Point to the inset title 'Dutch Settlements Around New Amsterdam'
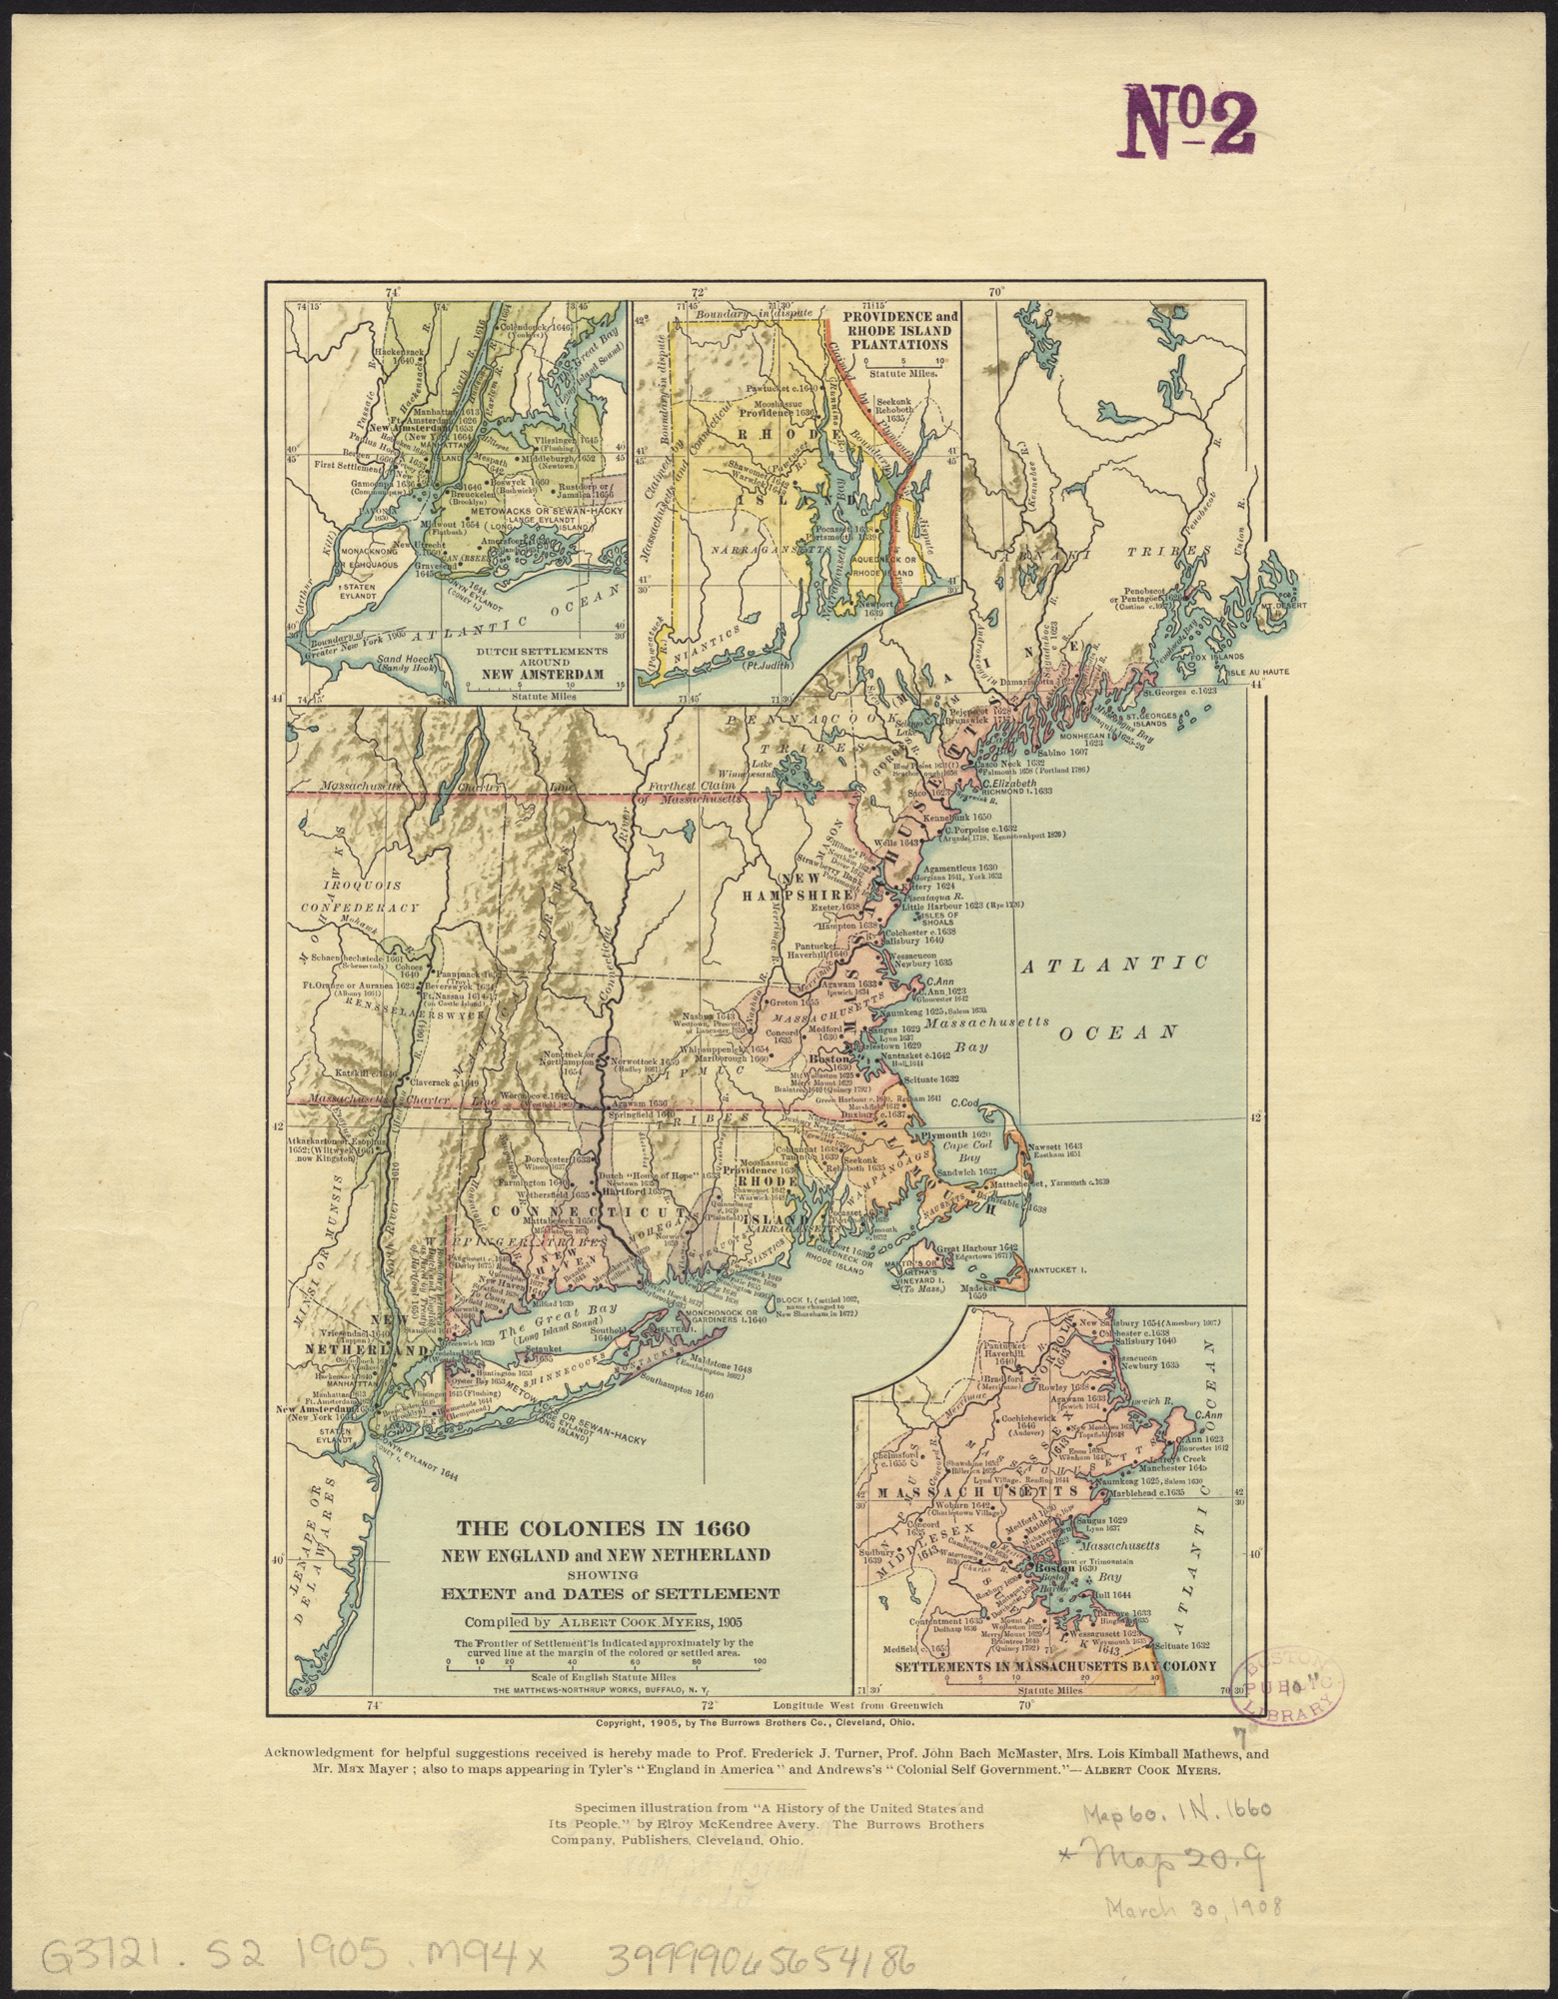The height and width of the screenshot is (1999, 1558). (542, 662)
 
